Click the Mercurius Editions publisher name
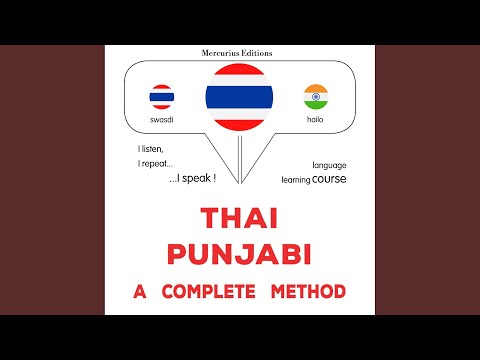[x=239, y=51]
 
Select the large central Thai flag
[x=240, y=97]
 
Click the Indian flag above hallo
[x=316, y=97]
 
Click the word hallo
[x=316, y=120]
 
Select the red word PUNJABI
[x=239, y=255]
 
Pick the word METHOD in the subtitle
[x=311, y=291]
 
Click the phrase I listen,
[x=149, y=148]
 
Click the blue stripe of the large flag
[x=240, y=97]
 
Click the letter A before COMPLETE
[x=140, y=291]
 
